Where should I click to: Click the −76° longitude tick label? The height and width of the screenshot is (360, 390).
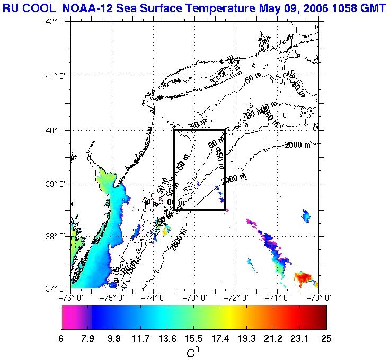pos(72,298)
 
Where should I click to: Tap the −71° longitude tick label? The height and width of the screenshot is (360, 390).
pos(278,298)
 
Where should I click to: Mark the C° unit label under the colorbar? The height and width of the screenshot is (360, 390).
pos(193,351)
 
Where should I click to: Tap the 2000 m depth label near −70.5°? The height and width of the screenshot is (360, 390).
pos(297,146)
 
